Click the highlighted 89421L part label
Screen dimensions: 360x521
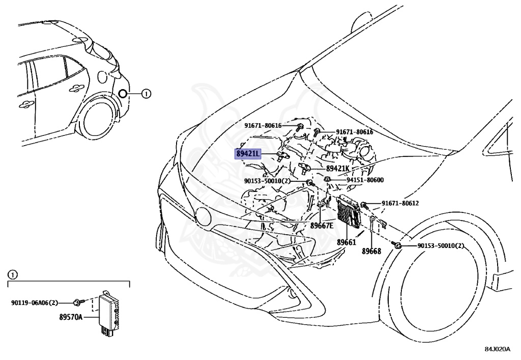[x=248, y=154]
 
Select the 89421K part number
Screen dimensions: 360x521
[x=338, y=169]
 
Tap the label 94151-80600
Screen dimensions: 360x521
[x=365, y=180]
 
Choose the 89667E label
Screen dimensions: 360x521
[x=322, y=226]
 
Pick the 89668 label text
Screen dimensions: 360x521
[x=371, y=251]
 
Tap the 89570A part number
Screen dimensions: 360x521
[x=71, y=317]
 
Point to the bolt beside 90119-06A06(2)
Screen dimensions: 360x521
[x=77, y=303]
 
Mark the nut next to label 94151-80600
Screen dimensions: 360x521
[x=328, y=179]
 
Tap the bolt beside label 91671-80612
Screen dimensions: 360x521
[x=364, y=205]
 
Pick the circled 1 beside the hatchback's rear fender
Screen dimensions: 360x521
[x=145, y=94]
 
